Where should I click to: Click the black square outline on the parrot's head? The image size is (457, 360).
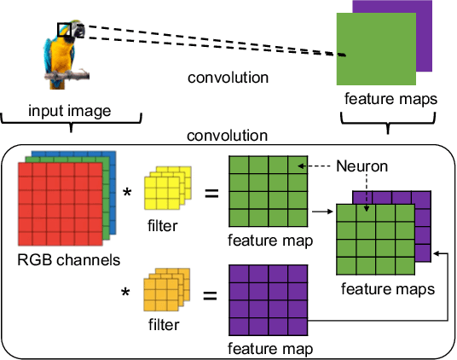[x=67, y=32]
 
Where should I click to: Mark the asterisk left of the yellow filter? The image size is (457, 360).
[x=128, y=193]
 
